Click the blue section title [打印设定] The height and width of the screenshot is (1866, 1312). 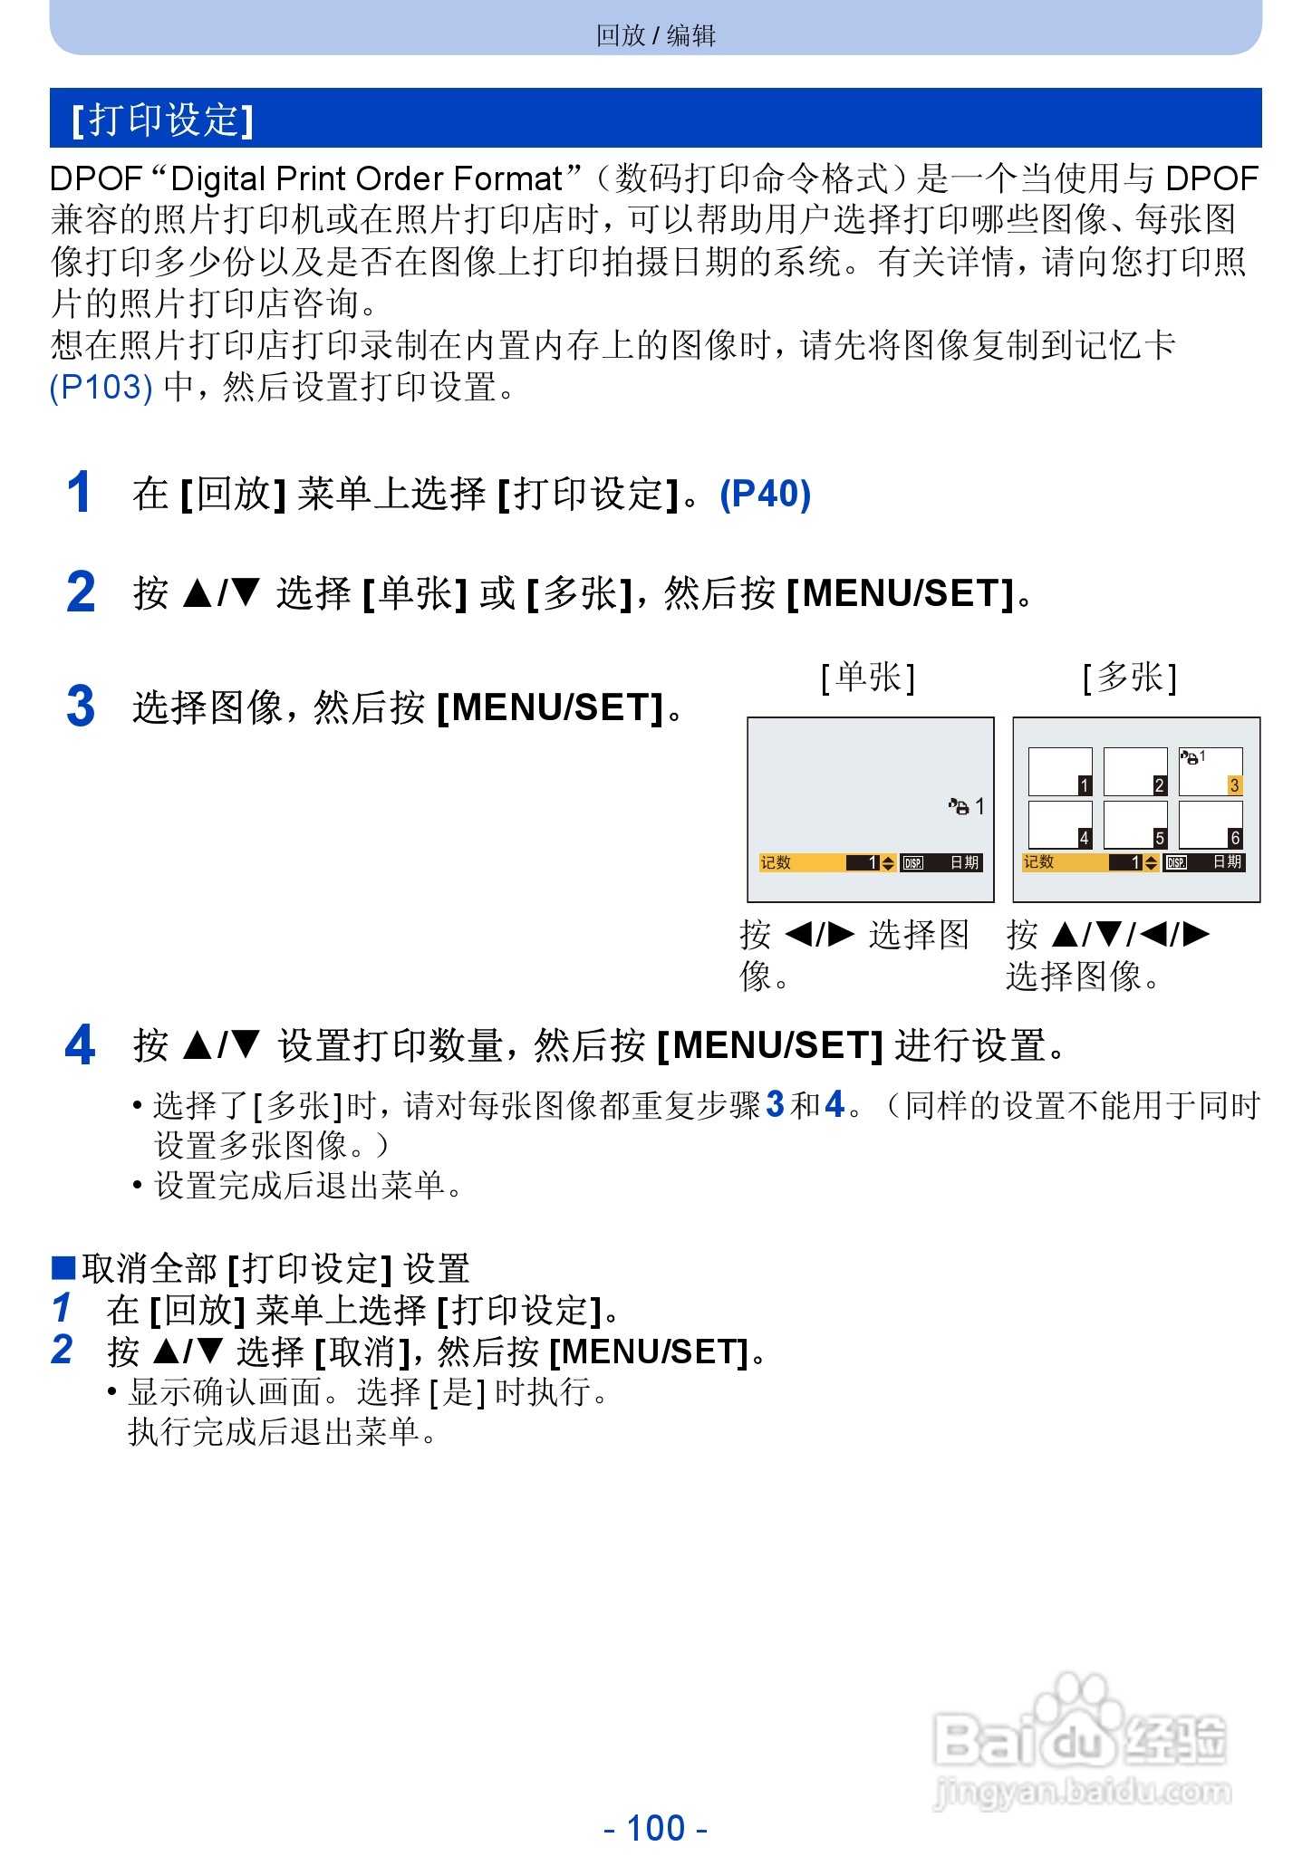tap(163, 120)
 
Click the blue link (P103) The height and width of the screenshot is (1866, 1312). tap(101, 387)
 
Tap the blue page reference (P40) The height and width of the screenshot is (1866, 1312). tap(765, 494)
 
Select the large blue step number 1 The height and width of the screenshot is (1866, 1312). tap(80, 493)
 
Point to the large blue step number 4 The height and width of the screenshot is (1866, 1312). tap(80, 1045)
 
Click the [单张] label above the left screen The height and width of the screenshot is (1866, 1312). tap(868, 678)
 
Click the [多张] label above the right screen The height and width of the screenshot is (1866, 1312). tap(1130, 678)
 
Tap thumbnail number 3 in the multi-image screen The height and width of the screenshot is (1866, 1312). tap(1210, 772)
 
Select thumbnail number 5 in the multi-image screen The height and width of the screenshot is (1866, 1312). tap(1134, 824)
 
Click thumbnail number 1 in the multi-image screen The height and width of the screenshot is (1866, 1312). tap(1059, 772)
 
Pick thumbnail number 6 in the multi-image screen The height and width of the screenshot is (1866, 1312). tap(1210, 824)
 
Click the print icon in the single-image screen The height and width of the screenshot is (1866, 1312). tap(959, 806)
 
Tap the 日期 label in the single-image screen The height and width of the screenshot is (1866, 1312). tap(964, 862)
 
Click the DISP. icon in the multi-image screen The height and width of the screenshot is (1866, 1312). tap(1176, 862)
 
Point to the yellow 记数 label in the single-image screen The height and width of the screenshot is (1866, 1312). tap(776, 862)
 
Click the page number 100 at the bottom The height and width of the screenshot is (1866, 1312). tap(656, 1828)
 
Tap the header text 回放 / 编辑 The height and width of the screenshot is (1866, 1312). tap(656, 35)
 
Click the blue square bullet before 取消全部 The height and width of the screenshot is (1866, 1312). tap(63, 1267)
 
